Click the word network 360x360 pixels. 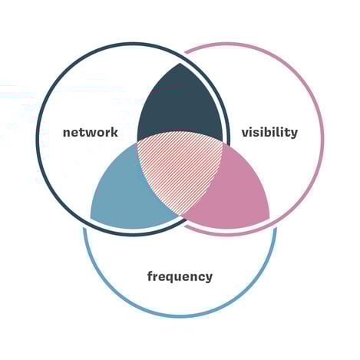point(91,132)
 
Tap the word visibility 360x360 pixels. point(269,133)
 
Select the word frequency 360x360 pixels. point(180,276)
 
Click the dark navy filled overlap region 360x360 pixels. point(180,105)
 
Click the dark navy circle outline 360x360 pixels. point(37,138)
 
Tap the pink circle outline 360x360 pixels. point(322,138)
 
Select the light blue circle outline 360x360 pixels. point(180,316)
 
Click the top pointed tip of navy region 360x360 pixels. point(180,64)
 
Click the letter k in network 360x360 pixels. point(114,132)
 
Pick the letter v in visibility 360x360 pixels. point(246,134)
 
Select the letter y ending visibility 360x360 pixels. point(294,134)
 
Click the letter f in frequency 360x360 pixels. point(150,276)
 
